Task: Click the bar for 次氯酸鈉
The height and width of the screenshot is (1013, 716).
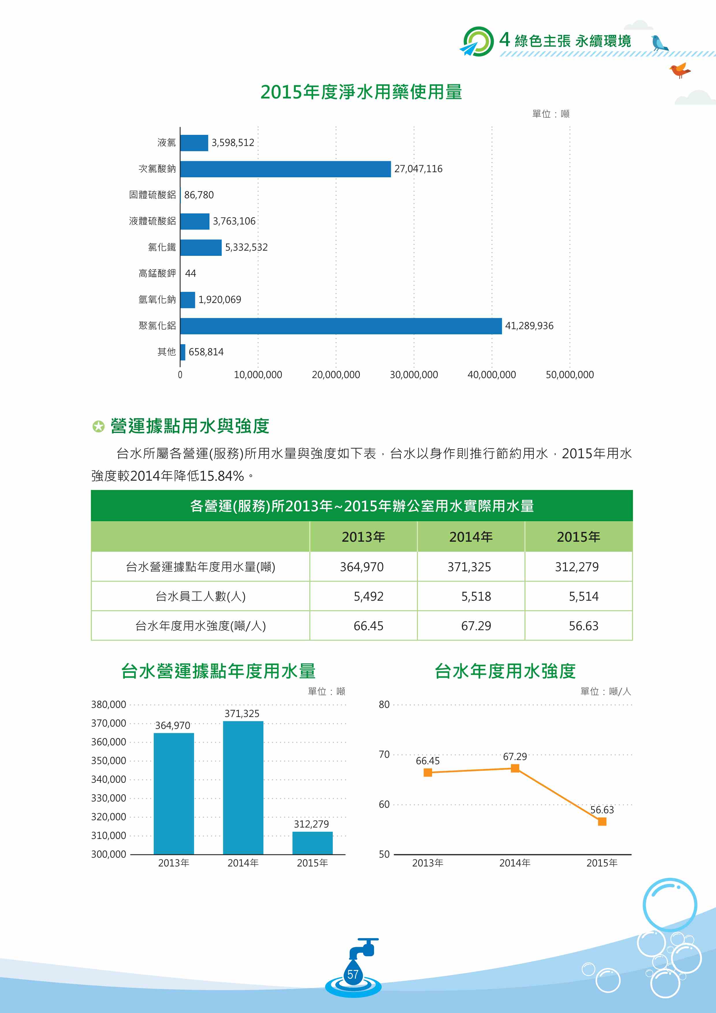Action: pos(285,169)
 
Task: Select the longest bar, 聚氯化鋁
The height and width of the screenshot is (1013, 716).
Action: pos(341,326)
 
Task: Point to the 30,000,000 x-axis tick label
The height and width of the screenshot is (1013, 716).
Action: pos(414,375)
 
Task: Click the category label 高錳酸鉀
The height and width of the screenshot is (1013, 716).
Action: pos(157,273)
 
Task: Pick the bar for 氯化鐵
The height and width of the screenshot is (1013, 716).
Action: pos(201,247)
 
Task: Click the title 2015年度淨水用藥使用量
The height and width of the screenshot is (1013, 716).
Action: pos(361,92)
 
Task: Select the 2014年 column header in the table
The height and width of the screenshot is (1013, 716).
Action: pos(471,537)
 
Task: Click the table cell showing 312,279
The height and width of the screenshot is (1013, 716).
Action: pos(578,567)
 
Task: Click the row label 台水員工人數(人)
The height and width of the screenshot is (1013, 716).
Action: pos(201,597)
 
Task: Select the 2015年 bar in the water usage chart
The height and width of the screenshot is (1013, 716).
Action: pos(312,843)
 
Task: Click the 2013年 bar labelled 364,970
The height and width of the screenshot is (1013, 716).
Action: pos(174,794)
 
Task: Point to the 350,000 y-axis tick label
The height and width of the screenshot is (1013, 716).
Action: pos(109,761)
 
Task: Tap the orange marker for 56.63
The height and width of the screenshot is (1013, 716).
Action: pos(602,822)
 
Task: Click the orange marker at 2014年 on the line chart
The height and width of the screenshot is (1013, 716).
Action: pos(515,769)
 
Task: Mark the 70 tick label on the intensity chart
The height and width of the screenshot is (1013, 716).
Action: pos(384,755)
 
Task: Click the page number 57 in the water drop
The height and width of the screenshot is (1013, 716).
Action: pos(353,975)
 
